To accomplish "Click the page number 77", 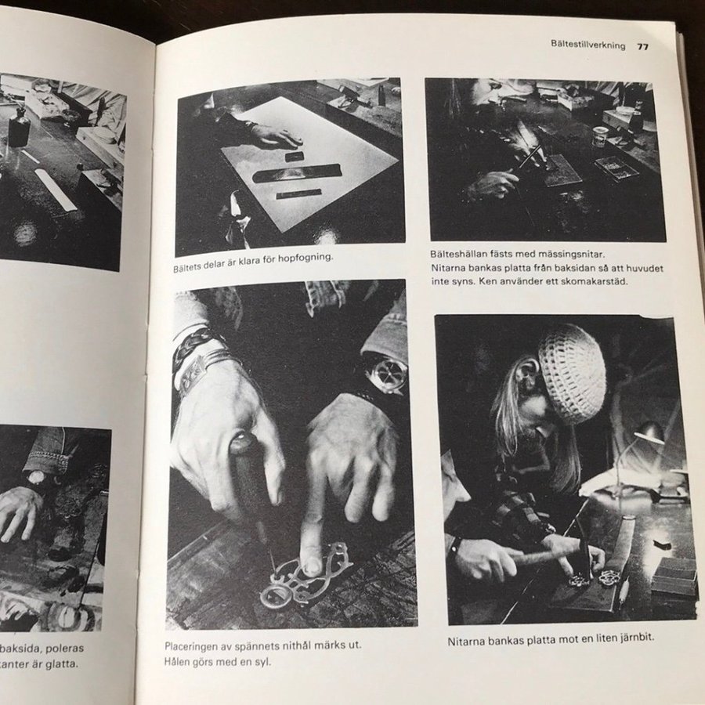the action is [643, 46].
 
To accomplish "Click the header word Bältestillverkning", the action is [587, 45].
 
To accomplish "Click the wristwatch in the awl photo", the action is [385, 373].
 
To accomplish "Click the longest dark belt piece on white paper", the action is [297, 173].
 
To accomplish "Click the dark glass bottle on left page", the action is [19, 126].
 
